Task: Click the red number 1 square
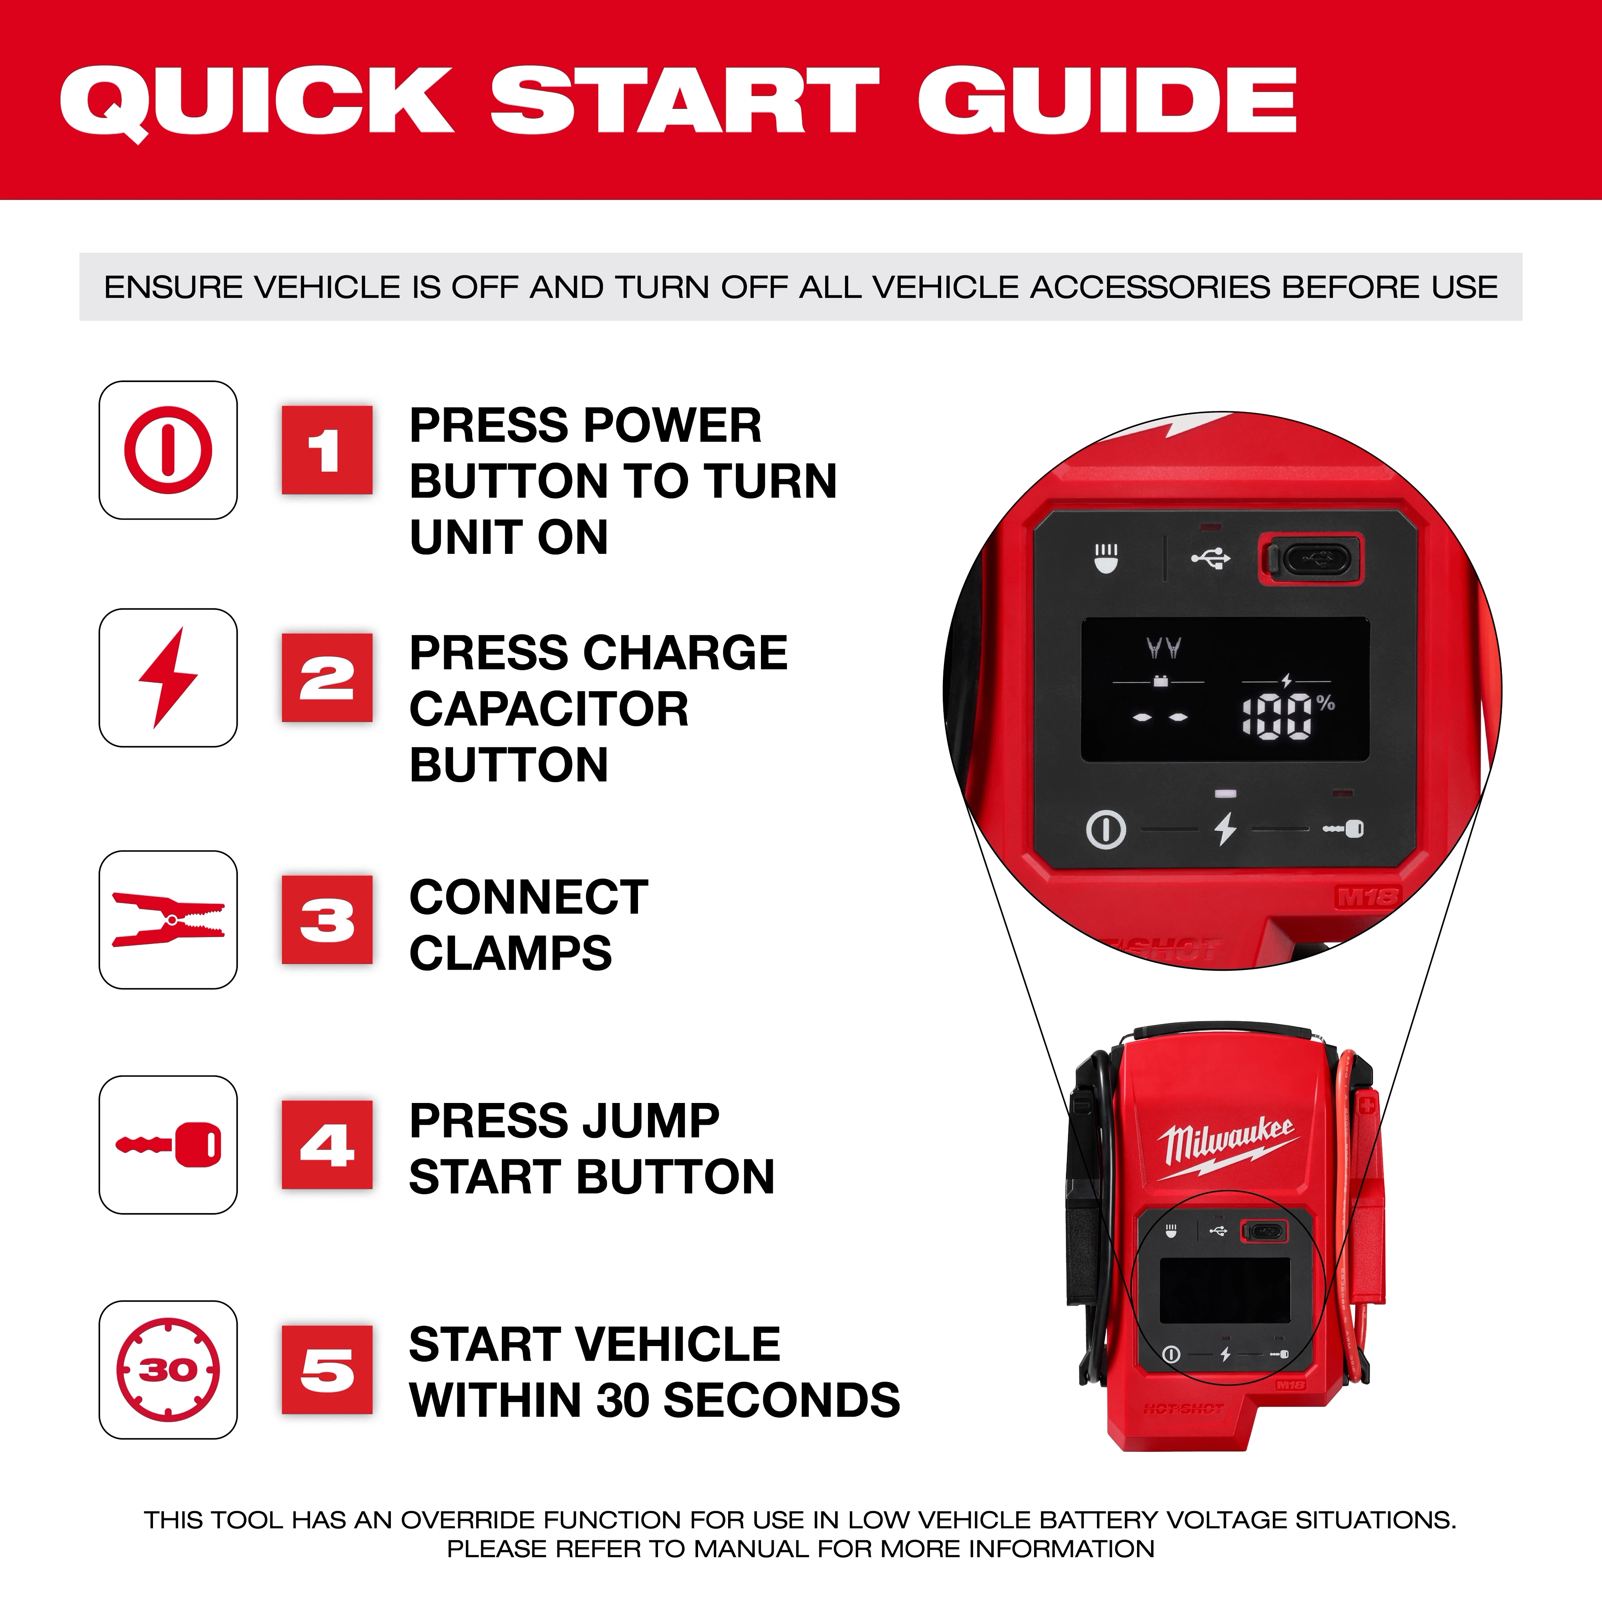point(327,450)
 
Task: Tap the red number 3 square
point(327,920)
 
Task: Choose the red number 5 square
point(327,1370)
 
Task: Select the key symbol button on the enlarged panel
point(1343,828)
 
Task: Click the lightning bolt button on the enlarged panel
point(1225,828)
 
